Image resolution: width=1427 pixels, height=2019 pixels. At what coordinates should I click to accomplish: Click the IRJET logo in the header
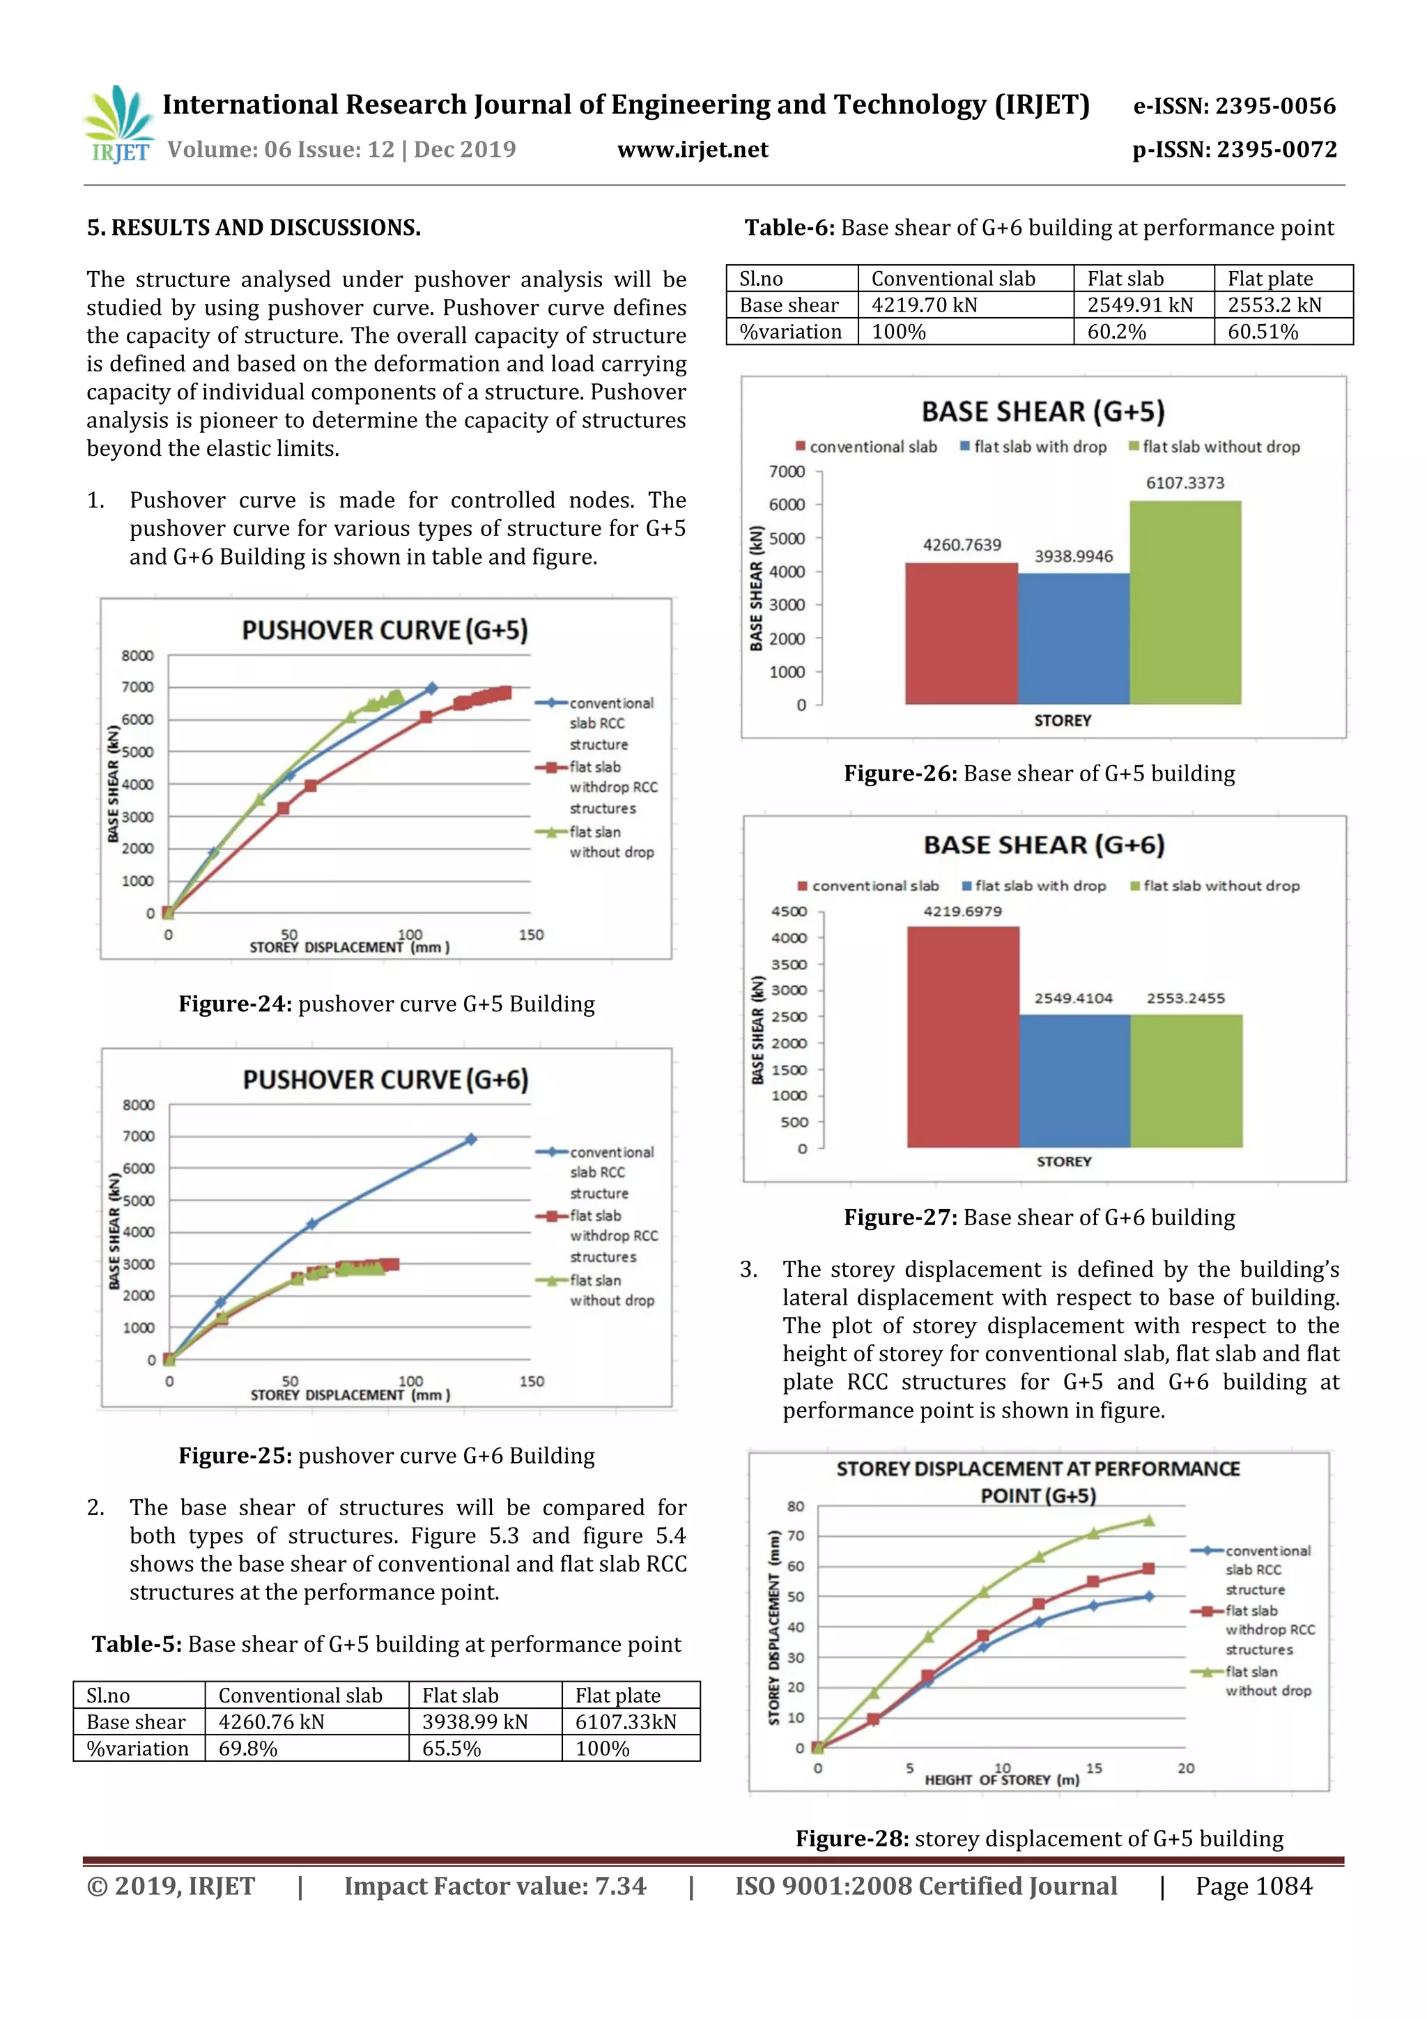tap(118, 125)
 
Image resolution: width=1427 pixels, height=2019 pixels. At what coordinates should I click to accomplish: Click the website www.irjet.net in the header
tap(693, 149)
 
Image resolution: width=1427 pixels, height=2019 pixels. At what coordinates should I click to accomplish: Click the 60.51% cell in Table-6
tap(1263, 332)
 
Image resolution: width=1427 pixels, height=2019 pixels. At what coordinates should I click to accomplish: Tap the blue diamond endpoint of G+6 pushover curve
tap(470, 1139)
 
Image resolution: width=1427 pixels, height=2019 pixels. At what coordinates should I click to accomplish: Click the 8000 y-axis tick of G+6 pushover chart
tap(139, 1105)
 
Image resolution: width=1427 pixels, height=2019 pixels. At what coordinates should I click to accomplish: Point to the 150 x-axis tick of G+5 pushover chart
tap(530, 935)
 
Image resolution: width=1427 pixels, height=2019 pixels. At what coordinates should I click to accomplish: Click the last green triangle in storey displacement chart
tap(1148, 1521)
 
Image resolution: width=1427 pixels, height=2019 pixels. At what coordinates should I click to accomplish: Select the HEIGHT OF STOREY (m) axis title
tap(1001, 1780)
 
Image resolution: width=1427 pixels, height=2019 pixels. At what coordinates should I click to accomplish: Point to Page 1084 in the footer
tap(1253, 1886)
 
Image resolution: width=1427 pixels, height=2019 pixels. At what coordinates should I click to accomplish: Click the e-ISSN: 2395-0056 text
tap(1233, 107)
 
